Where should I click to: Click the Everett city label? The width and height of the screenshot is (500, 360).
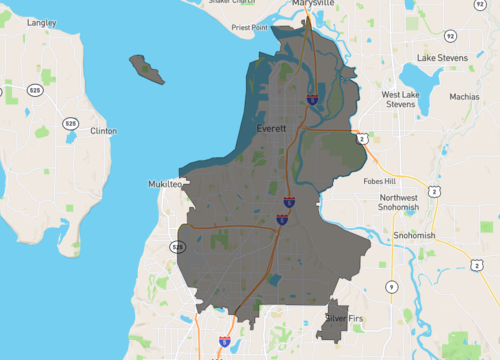click(271, 129)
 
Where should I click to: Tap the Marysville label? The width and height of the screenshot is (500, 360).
click(313, 4)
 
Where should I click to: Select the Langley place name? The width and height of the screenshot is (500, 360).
click(42, 22)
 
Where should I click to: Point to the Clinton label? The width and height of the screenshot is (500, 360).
click(103, 131)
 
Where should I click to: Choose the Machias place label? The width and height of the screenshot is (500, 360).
click(464, 97)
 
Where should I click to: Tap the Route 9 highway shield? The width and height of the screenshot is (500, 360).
click(390, 288)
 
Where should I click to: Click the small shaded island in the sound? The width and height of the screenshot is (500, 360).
click(145, 69)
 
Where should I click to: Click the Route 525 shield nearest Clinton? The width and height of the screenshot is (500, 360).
click(70, 123)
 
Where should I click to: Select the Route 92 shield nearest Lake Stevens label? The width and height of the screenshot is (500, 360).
click(452, 35)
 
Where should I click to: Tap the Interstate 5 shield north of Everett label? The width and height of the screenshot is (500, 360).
click(313, 98)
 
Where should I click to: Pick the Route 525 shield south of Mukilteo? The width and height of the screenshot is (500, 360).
click(178, 246)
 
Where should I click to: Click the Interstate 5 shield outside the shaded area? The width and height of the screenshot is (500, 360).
click(225, 341)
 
